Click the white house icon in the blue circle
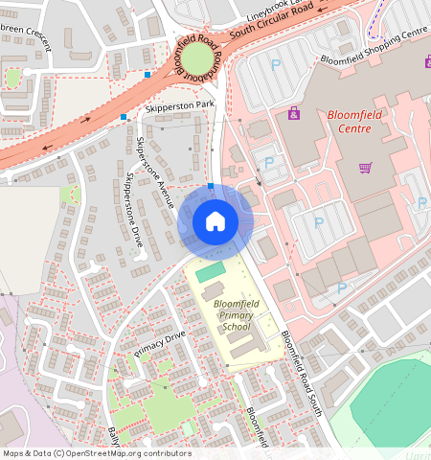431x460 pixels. click(215, 221)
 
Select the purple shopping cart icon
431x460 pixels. click(365, 168)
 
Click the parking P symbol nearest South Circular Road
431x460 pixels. click(277, 65)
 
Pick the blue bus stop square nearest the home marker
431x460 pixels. click(211, 186)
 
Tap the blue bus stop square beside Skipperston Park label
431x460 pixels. click(124, 117)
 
